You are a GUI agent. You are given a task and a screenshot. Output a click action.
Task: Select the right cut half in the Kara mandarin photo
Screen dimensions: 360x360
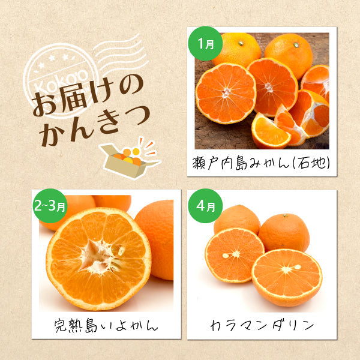tap(286, 276)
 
